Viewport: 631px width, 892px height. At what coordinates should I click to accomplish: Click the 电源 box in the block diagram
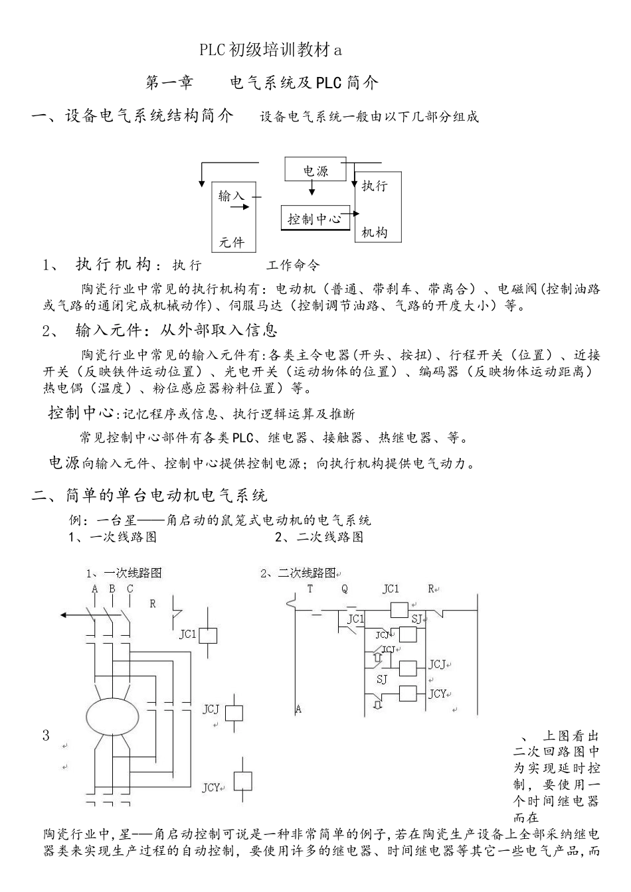(x=315, y=170)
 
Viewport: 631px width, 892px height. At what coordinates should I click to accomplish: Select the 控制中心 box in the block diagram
(x=314, y=218)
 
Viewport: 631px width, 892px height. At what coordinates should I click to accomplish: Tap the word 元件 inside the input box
(x=231, y=242)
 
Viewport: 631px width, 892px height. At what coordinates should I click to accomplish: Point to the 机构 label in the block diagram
(x=374, y=232)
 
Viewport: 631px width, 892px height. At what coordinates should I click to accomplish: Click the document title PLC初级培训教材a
(x=270, y=50)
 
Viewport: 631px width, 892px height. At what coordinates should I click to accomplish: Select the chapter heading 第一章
(x=169, y=83)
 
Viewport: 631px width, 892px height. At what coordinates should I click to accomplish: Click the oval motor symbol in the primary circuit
(x=112, y=715)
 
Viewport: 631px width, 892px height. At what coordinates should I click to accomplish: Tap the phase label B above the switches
(x=112, y=589)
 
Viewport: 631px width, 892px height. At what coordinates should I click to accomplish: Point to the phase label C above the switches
(x=130, y=589)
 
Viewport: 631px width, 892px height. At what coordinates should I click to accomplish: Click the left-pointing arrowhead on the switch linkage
(x=64, y=615)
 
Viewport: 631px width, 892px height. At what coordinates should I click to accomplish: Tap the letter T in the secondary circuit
(x=310, y=589)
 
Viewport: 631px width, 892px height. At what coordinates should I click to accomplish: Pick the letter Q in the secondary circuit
(x=345, y=589)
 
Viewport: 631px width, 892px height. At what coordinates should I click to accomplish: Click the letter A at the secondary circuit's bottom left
(x=298, y=709)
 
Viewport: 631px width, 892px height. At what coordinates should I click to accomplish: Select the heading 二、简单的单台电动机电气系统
(x=150, y=495)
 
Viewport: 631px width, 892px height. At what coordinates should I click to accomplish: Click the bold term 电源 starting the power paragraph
(x=64, y=463)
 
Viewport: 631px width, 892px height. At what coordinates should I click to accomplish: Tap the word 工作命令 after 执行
(x=293, y=265)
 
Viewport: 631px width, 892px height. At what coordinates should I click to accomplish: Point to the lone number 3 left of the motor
(x=46, y=735)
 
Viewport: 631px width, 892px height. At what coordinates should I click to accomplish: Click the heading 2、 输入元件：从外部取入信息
(x=159, y=330)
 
